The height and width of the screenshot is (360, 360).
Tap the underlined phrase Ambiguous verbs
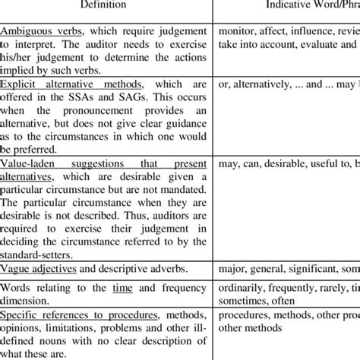point(39,32)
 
